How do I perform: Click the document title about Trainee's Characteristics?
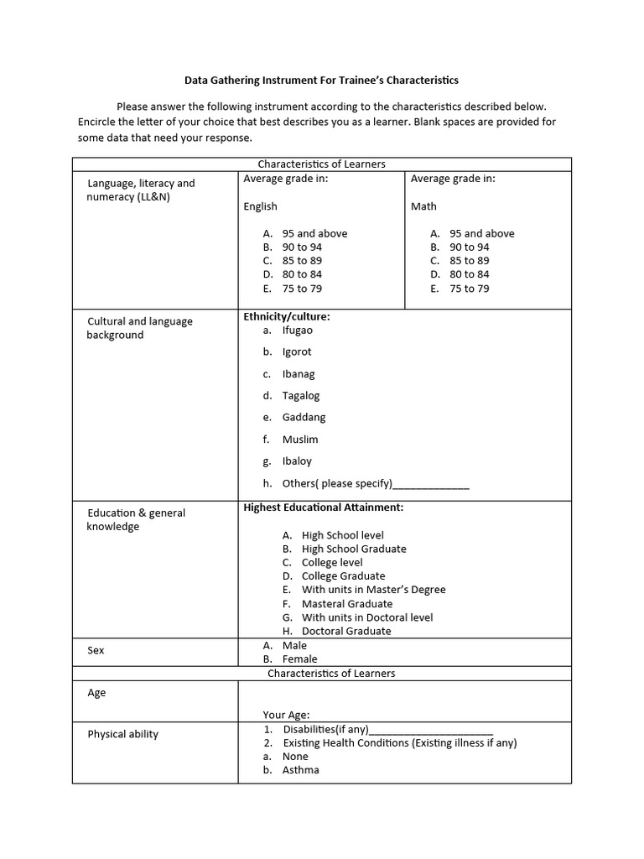click(x=321, y=81)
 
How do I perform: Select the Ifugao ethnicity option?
click(x=297, y=331)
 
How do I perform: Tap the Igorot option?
click(x=296, y=352)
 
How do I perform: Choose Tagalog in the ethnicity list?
click(x=300, y=396)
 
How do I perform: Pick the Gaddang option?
click(x=304, y=418)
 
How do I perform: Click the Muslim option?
click(x=299, y=440)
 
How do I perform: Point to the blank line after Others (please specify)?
click(x=431, y=485)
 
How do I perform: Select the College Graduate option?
click(x=343, y=576)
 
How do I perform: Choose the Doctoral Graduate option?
click(x=345, y=632)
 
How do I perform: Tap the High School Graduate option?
click(x=353, y=549)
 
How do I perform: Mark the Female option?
click(x=299, y=659)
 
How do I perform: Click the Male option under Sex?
click(x=294, y=646)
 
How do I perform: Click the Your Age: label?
click(x=286, y=716)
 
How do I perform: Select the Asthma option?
click(x=300, y=770)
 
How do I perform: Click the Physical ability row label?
click(x=122, y=735)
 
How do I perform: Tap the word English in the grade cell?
click(x=260, y=206)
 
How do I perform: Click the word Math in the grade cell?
click(x=423, y=206)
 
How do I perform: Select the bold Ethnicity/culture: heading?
click(x=286, y=317)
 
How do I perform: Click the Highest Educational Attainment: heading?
click(x=323, y=508)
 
